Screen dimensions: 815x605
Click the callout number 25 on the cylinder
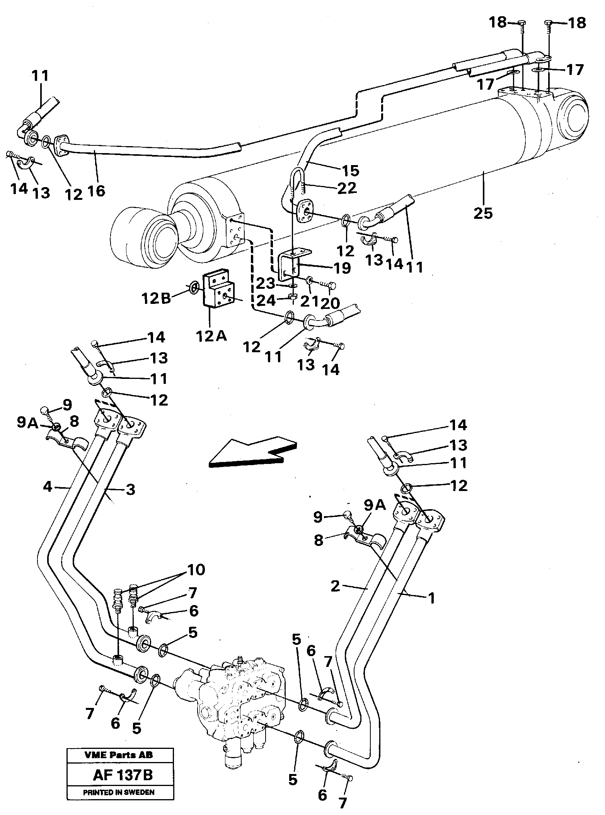483,212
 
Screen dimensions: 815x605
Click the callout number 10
196,570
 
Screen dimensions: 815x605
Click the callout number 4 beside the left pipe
48,486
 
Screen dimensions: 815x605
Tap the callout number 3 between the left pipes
130,489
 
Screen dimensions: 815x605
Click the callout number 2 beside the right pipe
335,586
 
